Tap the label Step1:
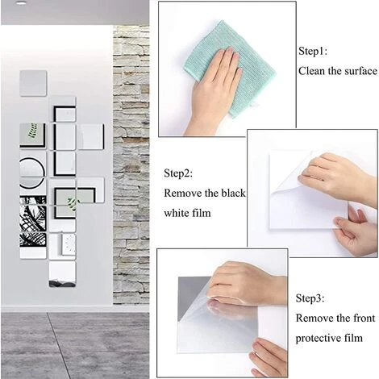[x=313, y=51]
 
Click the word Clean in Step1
[x=311, y=71]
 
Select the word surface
[x=361, y=71]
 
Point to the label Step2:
[x=178, y=173]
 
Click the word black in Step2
[x=233, y=193]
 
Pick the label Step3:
[x=310, y=298]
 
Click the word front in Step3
[x=364, y=318]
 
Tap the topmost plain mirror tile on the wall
[x=33, y=83]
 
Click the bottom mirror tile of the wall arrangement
[x=62, y=273]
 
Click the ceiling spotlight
[x=21, y=2]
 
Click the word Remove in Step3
[x=314, y=318]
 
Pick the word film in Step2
[x=202, y=213]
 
